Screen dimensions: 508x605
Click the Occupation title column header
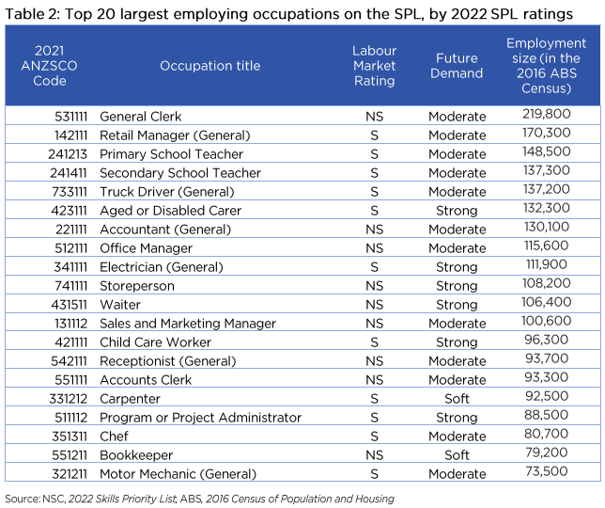209,66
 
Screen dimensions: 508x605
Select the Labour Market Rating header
374,66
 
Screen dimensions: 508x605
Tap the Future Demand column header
457,66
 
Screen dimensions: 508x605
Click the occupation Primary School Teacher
171,154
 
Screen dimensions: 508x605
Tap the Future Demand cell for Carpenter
457,399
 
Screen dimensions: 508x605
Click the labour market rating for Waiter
374,305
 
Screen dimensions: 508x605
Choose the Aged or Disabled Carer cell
170,211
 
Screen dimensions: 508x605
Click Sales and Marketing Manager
188,324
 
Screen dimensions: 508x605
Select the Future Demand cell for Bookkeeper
457,455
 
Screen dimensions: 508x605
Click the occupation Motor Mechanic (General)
178,474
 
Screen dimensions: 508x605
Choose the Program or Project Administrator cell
200,418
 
